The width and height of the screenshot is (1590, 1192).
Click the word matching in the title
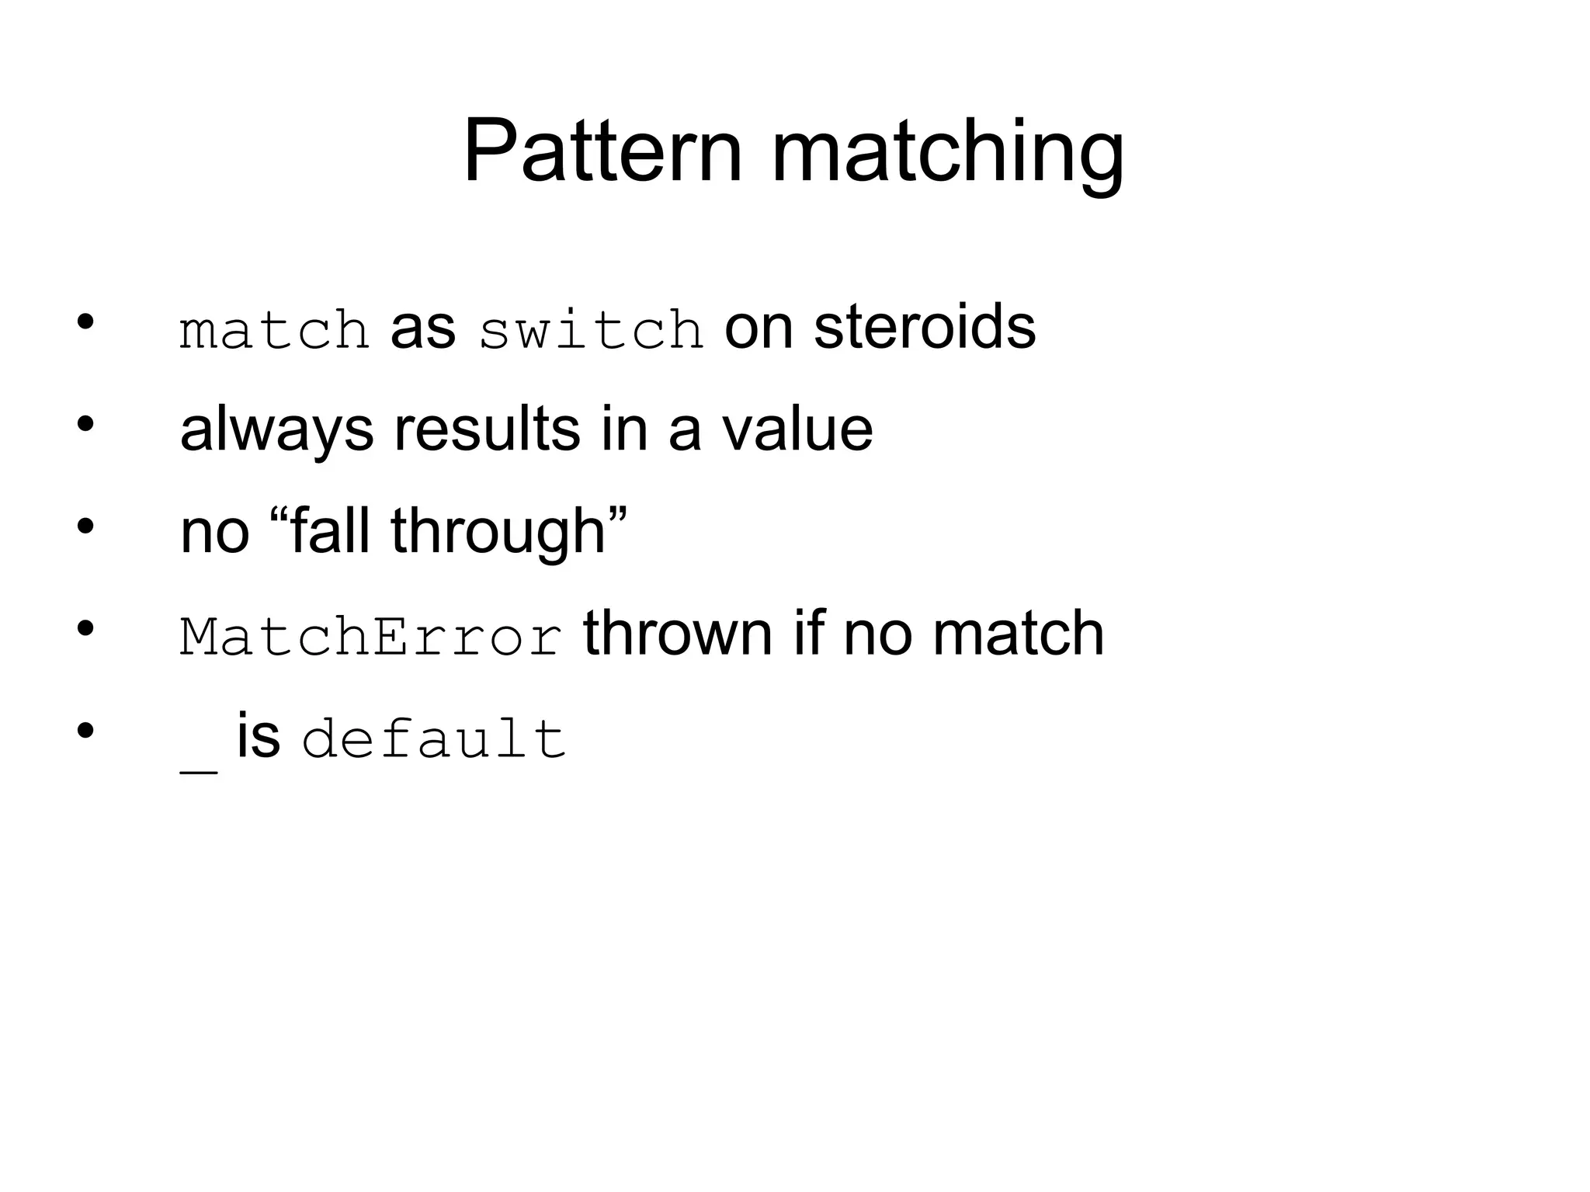(947, 155)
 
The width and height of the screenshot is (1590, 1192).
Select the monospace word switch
(591, 330)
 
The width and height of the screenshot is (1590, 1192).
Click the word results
(487, 429)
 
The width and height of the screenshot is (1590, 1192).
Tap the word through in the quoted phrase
(498, 533)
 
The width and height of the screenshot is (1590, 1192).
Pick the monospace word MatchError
(371, 637)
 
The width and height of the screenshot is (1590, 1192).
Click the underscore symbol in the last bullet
(198, 770)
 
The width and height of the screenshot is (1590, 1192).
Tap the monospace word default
(433, 738)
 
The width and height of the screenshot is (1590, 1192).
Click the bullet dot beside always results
(85, 424)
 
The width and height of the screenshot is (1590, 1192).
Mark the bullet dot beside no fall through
(85, 526)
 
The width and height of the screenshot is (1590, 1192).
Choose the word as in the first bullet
(422, 327)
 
